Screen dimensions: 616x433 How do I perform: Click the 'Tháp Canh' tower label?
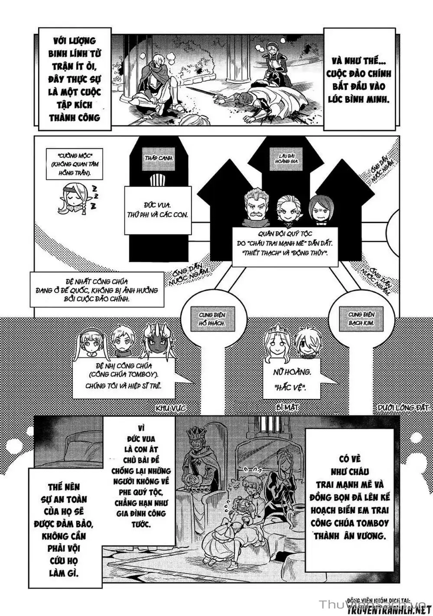click(x=159, y=158)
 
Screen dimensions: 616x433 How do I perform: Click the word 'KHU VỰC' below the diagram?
click(x=171, y=408)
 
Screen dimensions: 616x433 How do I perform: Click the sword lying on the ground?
click(x=208, y=92)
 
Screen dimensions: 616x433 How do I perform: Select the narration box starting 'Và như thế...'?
click(x=359, y=79)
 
